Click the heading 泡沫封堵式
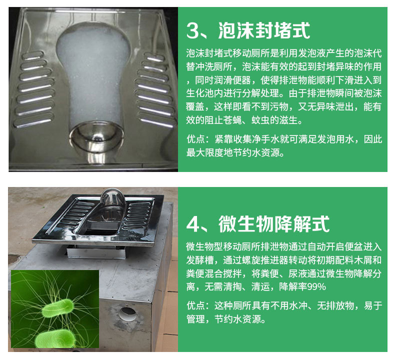pos(264,30)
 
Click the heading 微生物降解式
pos(274,224)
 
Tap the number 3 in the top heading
pos(192,31)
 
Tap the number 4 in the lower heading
pos(192,224)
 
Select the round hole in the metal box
pos(127,314)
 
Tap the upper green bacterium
pos(58,308)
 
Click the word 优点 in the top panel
pos(195,139)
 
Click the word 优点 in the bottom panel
pos(195,305)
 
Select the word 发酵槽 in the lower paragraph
pos(200,259)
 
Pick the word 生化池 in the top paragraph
pos(200,93)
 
